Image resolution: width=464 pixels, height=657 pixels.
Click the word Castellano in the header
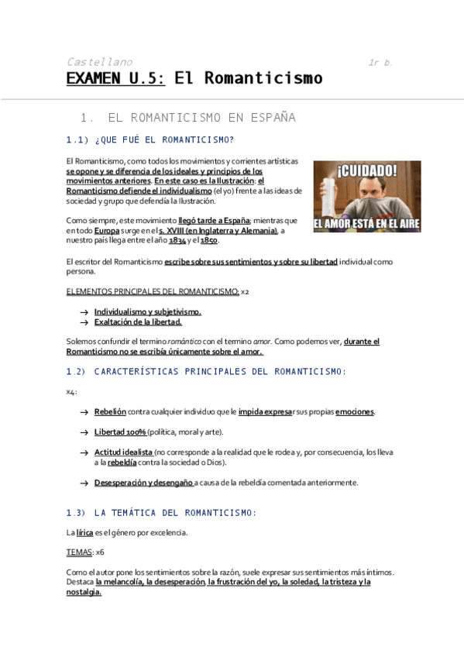[x=99, y=62]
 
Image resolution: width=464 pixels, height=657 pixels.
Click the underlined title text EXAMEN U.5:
[x=115, y=78]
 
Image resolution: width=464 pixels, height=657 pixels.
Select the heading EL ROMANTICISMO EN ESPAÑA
[x=201, y=118]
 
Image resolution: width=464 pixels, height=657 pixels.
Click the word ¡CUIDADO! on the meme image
[x=367, y=170]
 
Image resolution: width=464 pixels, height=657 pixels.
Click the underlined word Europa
[x=107, y=231]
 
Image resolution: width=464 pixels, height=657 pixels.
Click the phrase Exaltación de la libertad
[x=138, y=322]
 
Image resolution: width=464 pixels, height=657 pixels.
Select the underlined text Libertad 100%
[x=120, y=432]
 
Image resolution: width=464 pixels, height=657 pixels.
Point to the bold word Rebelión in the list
[x=110, y=411]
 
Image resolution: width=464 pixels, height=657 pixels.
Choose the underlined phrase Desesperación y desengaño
[x=143, y=482]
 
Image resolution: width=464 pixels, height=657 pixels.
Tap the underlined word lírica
[x=84, y=532]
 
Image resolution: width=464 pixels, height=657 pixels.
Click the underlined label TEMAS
[x=79, y=552]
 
